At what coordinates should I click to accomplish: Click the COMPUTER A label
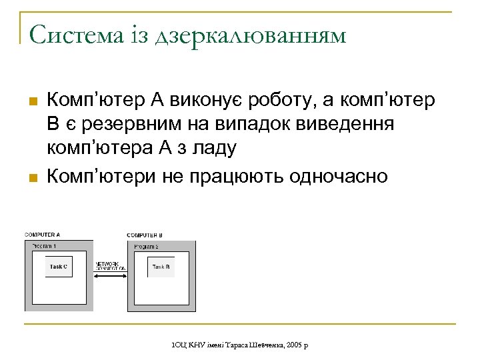coord(43,235)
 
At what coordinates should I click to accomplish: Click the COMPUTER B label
coord(145,235)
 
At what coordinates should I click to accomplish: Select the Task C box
coord(58,267)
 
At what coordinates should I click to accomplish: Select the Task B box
coord(161,267)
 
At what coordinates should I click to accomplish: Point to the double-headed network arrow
coord(111,273)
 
